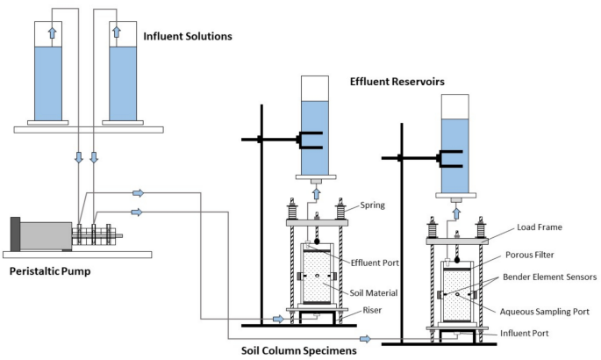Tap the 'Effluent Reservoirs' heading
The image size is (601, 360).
tap(397, 82)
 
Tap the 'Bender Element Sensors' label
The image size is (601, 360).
tap(550, 277)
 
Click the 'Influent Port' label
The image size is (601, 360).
tap(534, 333)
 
